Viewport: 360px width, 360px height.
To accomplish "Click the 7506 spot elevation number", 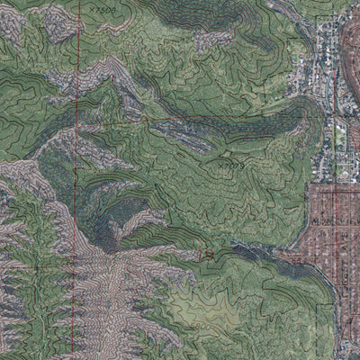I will click(x=107, y=8).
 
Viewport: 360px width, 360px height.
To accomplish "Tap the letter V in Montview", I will click(x=337, y=219).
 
